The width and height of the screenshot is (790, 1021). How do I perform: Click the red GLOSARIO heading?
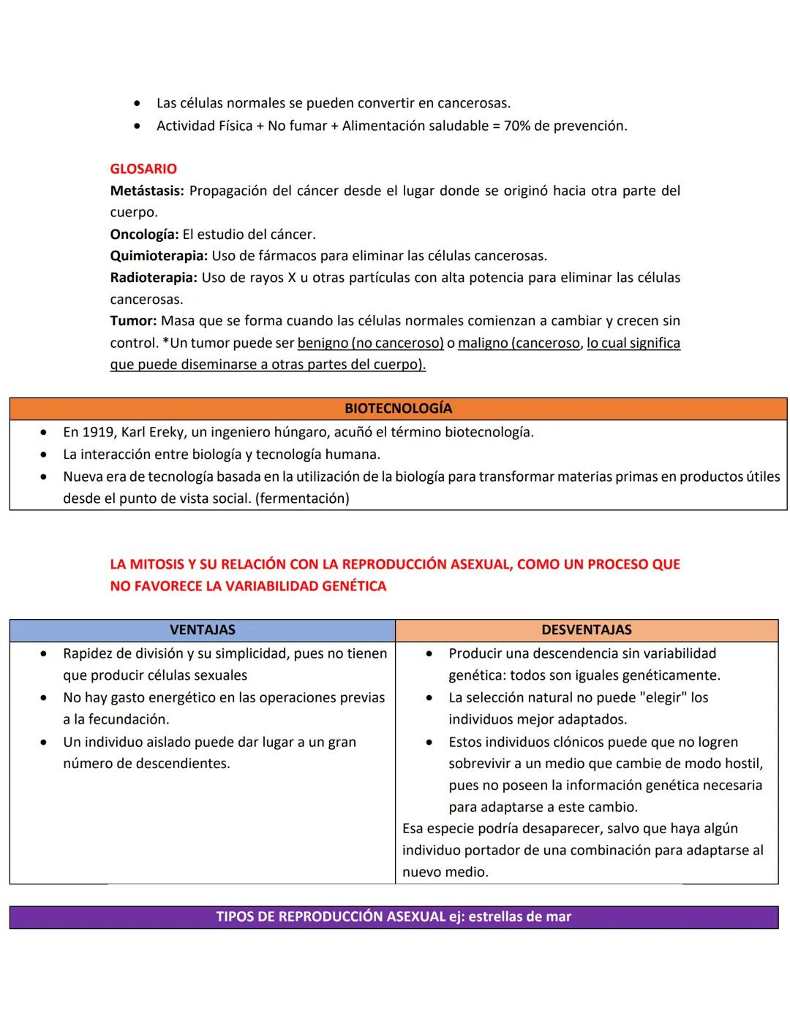pos(143,169)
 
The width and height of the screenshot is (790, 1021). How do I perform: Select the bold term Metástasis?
pos(147,191)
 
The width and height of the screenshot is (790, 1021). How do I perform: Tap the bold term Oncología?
pos(144,235)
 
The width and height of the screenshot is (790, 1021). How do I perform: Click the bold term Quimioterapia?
pos(159,256)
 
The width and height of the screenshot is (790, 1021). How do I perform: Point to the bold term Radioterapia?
pos(154,278)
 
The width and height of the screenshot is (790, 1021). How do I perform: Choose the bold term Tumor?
pos(133,321)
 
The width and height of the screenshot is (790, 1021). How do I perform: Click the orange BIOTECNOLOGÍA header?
pos(398,409)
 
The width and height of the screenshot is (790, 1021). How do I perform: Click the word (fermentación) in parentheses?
pos(302,498)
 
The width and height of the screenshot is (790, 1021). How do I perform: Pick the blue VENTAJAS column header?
pos(203,630)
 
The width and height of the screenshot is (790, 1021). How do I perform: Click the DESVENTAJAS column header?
pos(587,630)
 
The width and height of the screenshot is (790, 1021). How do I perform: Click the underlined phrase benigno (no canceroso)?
pos(371,343)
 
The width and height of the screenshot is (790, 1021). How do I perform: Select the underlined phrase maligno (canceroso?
pos(520,343)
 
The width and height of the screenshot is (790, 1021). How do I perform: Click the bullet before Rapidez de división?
pos(45,653)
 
